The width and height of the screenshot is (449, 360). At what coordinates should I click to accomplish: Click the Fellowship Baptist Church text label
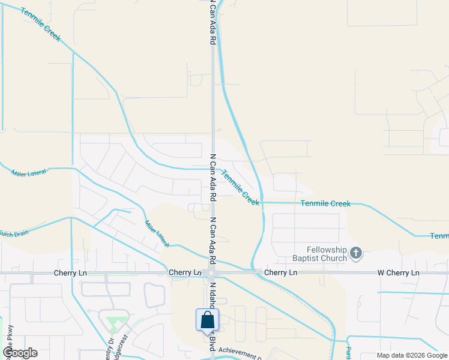327,254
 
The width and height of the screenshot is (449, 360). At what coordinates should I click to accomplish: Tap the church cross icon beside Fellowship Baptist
356,254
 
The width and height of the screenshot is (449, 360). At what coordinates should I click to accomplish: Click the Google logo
20,353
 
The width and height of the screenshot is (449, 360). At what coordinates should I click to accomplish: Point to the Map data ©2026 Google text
412,355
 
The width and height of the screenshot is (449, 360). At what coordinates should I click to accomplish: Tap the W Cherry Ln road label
398,273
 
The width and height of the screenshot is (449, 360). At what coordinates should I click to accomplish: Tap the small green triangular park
112,325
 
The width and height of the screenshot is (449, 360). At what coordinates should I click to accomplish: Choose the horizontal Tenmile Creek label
325,204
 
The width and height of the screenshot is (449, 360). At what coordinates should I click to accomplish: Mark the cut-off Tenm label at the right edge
439,236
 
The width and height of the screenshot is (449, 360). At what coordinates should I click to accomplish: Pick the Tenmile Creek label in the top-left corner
40,24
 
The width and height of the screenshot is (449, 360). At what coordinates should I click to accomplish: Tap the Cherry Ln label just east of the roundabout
280,273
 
